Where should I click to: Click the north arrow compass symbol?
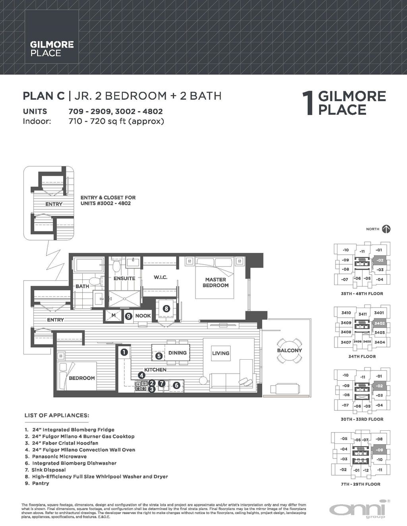(386, 229)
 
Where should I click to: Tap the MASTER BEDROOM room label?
(215, 282)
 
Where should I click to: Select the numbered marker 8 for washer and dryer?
(166, 308)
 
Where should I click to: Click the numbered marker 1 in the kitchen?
(124, 352)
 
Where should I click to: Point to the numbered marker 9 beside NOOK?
(128, 316)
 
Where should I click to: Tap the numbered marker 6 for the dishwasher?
(177, 384)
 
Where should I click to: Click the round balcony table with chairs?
(289, 351)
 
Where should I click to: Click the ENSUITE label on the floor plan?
(124, 278)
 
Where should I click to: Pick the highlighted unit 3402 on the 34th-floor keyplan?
(380, 324)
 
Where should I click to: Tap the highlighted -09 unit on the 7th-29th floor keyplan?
(380, 450)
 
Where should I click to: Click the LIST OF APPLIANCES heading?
(56, 416)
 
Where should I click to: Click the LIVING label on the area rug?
(221, 353)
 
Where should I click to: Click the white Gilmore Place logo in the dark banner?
(52, 49)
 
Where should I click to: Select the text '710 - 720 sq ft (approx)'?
(116, 121)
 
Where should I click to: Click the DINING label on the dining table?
(177, 353)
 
